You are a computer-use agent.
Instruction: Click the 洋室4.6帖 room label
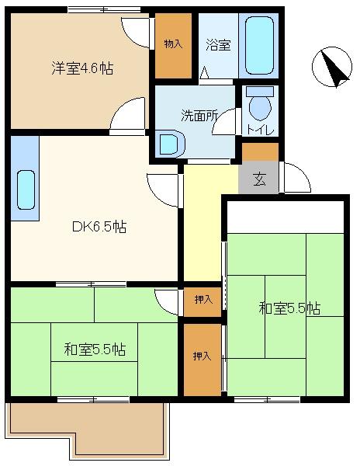[x=82, y=68]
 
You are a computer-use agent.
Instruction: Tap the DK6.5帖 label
[x=99, y=228]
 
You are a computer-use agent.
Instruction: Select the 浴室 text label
[x=218, y=45]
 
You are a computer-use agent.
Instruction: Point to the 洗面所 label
[x=199, y=116]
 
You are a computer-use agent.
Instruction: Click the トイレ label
[x=260, y=130]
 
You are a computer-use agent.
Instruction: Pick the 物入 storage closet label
[x=173, y=44]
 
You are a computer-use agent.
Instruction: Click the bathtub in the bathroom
[x=259, y=45]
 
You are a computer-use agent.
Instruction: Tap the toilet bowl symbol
[x=260, y=104]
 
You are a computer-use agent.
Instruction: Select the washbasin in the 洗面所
[x=171, y=144]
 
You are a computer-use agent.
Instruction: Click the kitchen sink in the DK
[x=26, y=190]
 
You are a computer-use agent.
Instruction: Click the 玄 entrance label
[x=259, y=179]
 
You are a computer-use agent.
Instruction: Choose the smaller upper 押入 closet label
[x=203, y=300]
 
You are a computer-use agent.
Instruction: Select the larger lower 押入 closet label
[x=202, y=356]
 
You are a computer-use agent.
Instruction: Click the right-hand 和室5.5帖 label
[x=289, y=308]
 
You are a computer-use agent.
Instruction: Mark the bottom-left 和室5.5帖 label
[x=95, y=349]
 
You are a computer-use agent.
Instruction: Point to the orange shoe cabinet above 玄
[x=260, y=151]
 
